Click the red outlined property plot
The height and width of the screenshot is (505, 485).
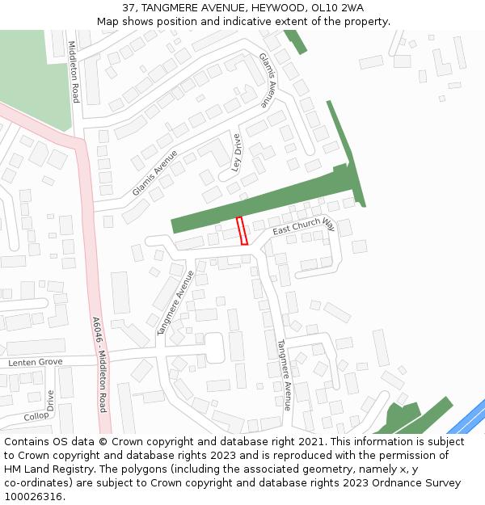tap(242, 230)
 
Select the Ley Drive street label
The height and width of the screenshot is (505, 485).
tap(237, 153)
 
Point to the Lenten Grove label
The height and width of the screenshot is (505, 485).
tap(35, 362)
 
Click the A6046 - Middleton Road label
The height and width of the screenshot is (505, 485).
tap(99, 364)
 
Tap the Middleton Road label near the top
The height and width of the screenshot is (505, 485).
tap(74, 72)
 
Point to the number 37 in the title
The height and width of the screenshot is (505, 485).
tap(129, 8)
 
